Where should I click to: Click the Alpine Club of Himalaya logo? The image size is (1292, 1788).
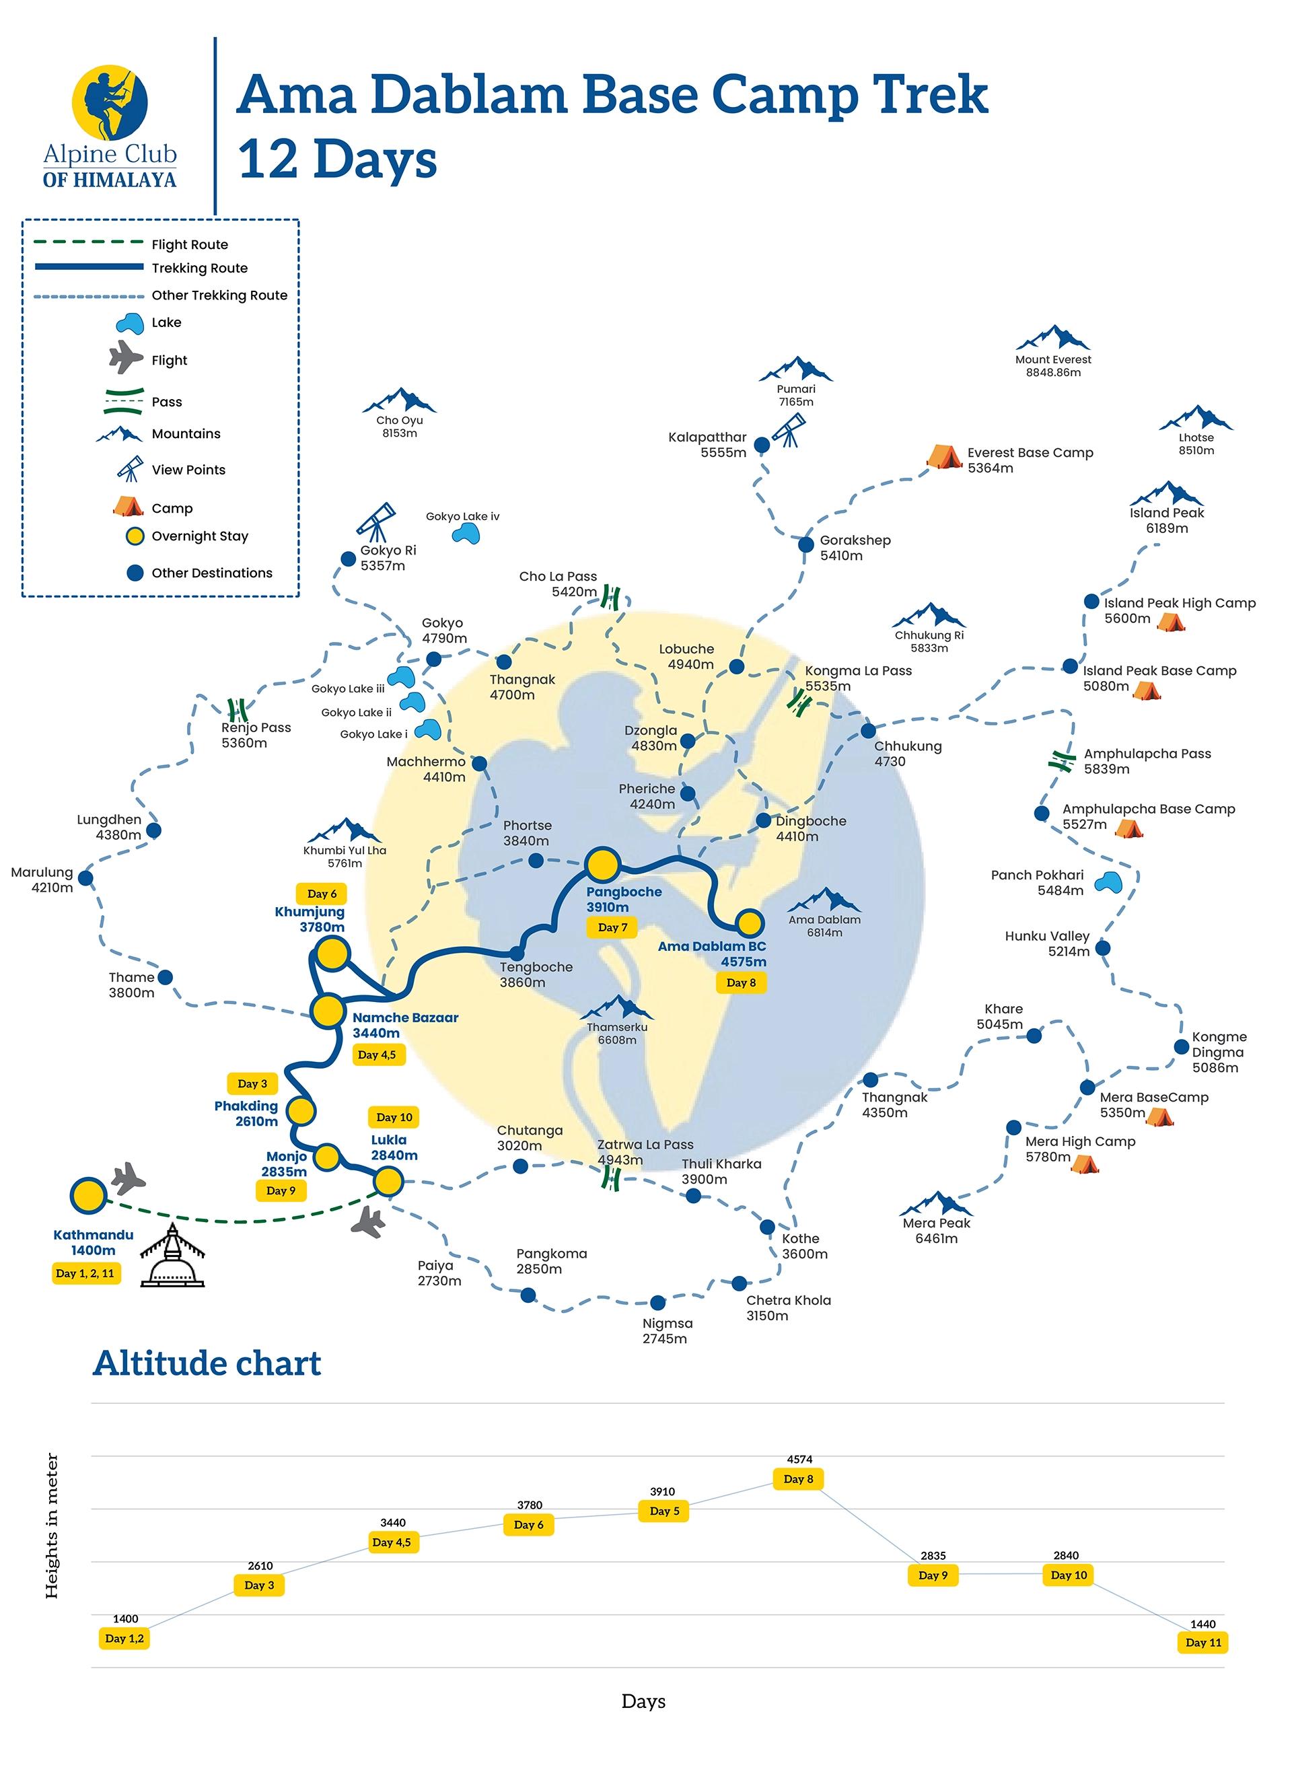pos(110,126)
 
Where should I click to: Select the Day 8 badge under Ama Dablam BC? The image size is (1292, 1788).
pos(740,982)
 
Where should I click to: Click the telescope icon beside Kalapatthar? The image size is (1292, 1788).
pos(788,431)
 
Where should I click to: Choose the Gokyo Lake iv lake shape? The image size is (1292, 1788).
pos(466,534)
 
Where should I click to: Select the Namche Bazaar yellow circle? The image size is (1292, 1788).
pos(327,1011)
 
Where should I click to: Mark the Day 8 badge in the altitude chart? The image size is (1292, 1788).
pos(798,1479)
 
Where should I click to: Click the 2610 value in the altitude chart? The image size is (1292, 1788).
pos(260,1566)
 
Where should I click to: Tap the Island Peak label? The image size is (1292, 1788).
pos(1167,512)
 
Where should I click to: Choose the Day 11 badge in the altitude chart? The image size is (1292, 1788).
pos(1203,1642)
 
